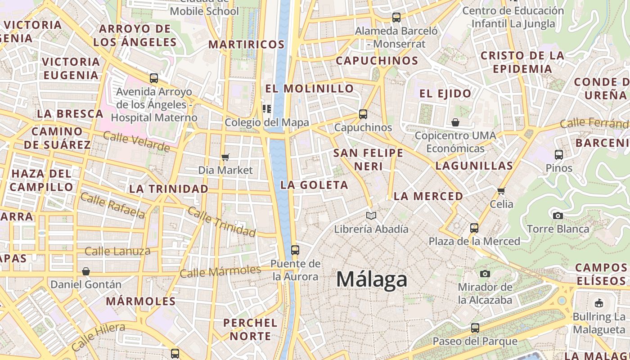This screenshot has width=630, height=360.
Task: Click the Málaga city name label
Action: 372,279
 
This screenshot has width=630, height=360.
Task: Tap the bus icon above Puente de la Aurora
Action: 295,250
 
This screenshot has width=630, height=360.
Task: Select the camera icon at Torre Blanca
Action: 558,216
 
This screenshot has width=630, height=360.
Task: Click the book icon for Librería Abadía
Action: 371,216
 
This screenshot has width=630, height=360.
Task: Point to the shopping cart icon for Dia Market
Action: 225,157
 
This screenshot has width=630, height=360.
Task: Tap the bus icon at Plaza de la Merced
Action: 474,228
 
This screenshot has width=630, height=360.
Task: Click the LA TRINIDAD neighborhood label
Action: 169,189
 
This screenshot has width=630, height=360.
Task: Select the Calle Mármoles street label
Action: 220,271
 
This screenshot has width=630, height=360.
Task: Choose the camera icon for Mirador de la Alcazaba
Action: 485,274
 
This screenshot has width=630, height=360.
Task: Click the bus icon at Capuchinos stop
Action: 363,114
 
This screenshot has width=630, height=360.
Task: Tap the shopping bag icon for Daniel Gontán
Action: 86,271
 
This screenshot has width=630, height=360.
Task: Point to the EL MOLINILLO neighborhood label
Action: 310,88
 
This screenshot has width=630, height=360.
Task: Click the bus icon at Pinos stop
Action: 559,155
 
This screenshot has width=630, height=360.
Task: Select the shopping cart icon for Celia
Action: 501,191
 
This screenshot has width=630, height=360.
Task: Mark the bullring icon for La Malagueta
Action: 599,303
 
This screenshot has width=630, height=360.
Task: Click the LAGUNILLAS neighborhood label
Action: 474,166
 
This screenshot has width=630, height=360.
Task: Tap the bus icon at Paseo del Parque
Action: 475,328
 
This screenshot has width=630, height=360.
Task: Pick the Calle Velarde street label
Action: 136,142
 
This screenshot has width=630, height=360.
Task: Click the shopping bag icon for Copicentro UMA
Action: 455,122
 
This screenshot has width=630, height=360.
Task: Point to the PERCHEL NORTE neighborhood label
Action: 250,329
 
